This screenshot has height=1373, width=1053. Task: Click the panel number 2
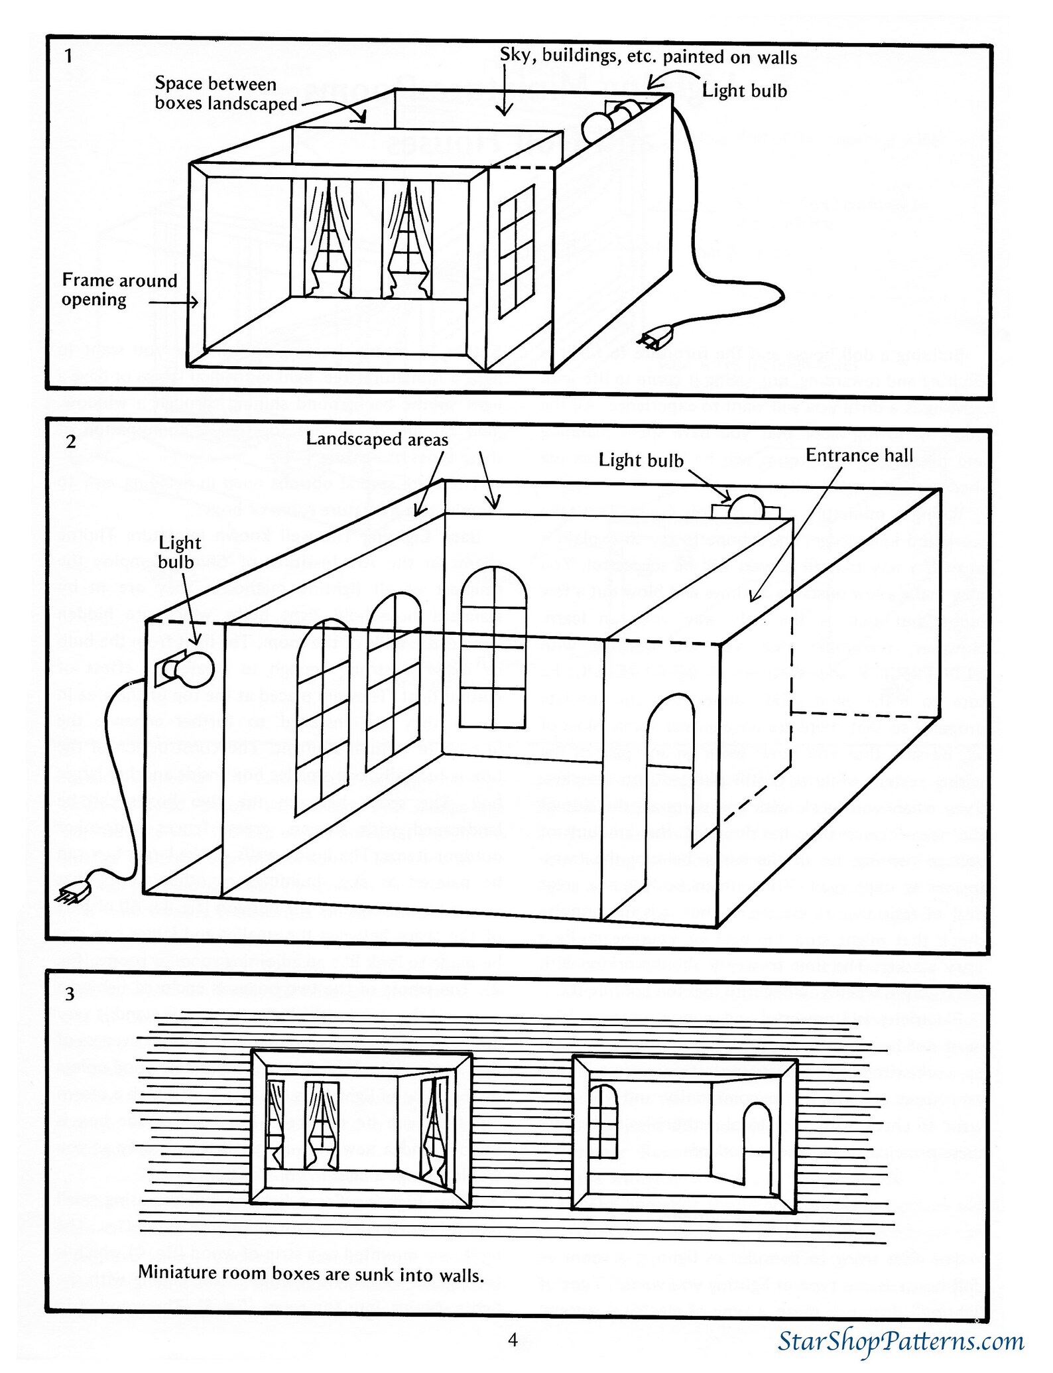(x=71, y=441)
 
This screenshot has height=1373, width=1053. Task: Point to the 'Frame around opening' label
(x=119, y=290)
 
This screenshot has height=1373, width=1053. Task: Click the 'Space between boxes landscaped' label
(x=225, y=94)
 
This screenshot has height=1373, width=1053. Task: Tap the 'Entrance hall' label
(x=859, y=455)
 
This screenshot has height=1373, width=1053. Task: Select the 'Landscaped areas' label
(x=377, y=439)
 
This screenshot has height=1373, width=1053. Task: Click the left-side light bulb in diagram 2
(x=196, y=669)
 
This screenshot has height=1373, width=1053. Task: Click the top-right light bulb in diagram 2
(x=747, y=506)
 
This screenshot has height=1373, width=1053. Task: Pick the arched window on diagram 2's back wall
(x=493, y=647)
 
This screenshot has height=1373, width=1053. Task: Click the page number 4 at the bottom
(x=513, y=1340)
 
